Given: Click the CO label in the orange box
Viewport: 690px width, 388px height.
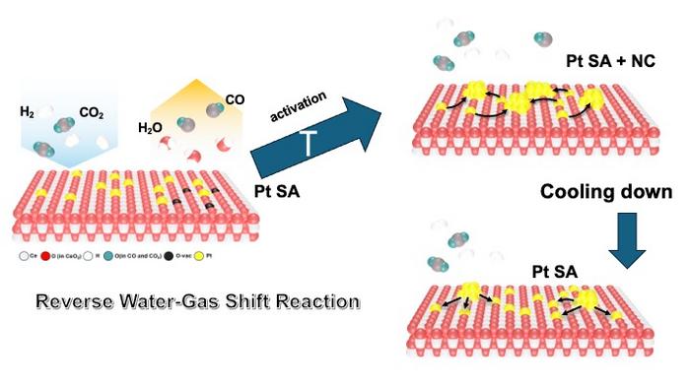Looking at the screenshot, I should pos(236,98).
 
